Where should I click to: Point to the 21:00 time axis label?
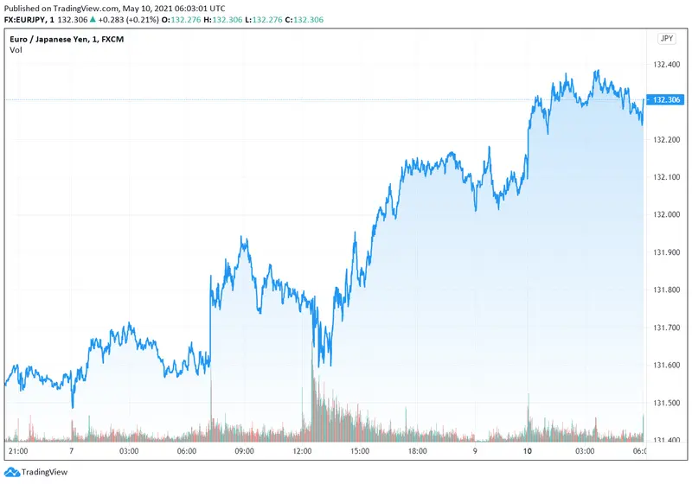[x=18, y=451]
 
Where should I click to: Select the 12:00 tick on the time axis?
[x=303, y=451]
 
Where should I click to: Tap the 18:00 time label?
[x=417, y=451]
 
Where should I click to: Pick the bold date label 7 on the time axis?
[x=72, y=451]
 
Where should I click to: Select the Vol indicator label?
[x=16, y=50]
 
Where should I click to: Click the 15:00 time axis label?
[x=360, y=451]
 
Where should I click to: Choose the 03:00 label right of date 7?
[x=129, y=451]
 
